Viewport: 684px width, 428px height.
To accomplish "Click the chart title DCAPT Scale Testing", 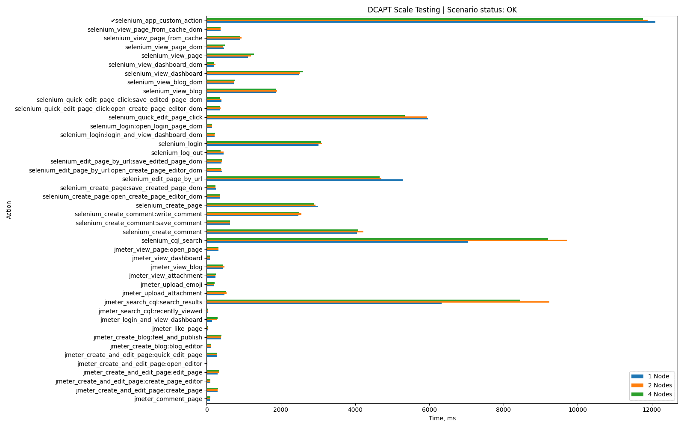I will (x=442, y=10).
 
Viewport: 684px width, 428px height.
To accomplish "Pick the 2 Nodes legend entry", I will (x=660, y=385).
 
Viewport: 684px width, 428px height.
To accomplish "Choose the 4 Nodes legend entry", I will (x=660, y=394).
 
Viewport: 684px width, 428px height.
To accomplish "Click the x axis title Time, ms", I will (x=442, y=418).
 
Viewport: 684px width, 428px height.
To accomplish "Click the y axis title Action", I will (x=9, y=210).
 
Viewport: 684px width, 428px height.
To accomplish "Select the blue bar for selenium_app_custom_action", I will (x=430, y=22).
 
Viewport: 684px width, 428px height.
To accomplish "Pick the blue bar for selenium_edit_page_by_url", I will (x=304, y=180).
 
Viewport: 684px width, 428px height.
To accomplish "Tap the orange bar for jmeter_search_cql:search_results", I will (x=378, y=302).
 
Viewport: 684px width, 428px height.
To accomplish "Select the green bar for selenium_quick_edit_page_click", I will (x=306, y=116).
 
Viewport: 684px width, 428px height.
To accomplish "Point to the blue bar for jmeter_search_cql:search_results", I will (x=324, y=303).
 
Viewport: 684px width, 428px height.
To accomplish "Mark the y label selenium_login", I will (x=180, y=144).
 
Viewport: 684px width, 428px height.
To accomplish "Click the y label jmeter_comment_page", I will (x=168, y=399).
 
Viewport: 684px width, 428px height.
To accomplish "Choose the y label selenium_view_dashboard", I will (x=163, y=74).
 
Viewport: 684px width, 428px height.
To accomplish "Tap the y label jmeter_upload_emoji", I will (x=171, y=285).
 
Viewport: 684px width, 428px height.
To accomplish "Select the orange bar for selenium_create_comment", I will (x=285, y=232).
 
